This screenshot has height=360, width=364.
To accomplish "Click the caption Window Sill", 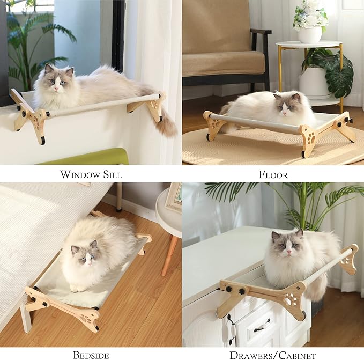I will coord(91,174).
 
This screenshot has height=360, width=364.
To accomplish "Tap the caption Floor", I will coord(273,174).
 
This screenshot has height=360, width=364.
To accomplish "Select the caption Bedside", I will coord(91,355).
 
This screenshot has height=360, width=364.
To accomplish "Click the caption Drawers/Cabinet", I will coord(273,355).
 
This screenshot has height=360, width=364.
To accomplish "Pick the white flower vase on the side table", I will coord(310,34).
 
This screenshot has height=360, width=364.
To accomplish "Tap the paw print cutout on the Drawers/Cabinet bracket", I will coord(291,298).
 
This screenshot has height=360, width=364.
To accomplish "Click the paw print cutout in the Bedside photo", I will coord(85,318).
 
